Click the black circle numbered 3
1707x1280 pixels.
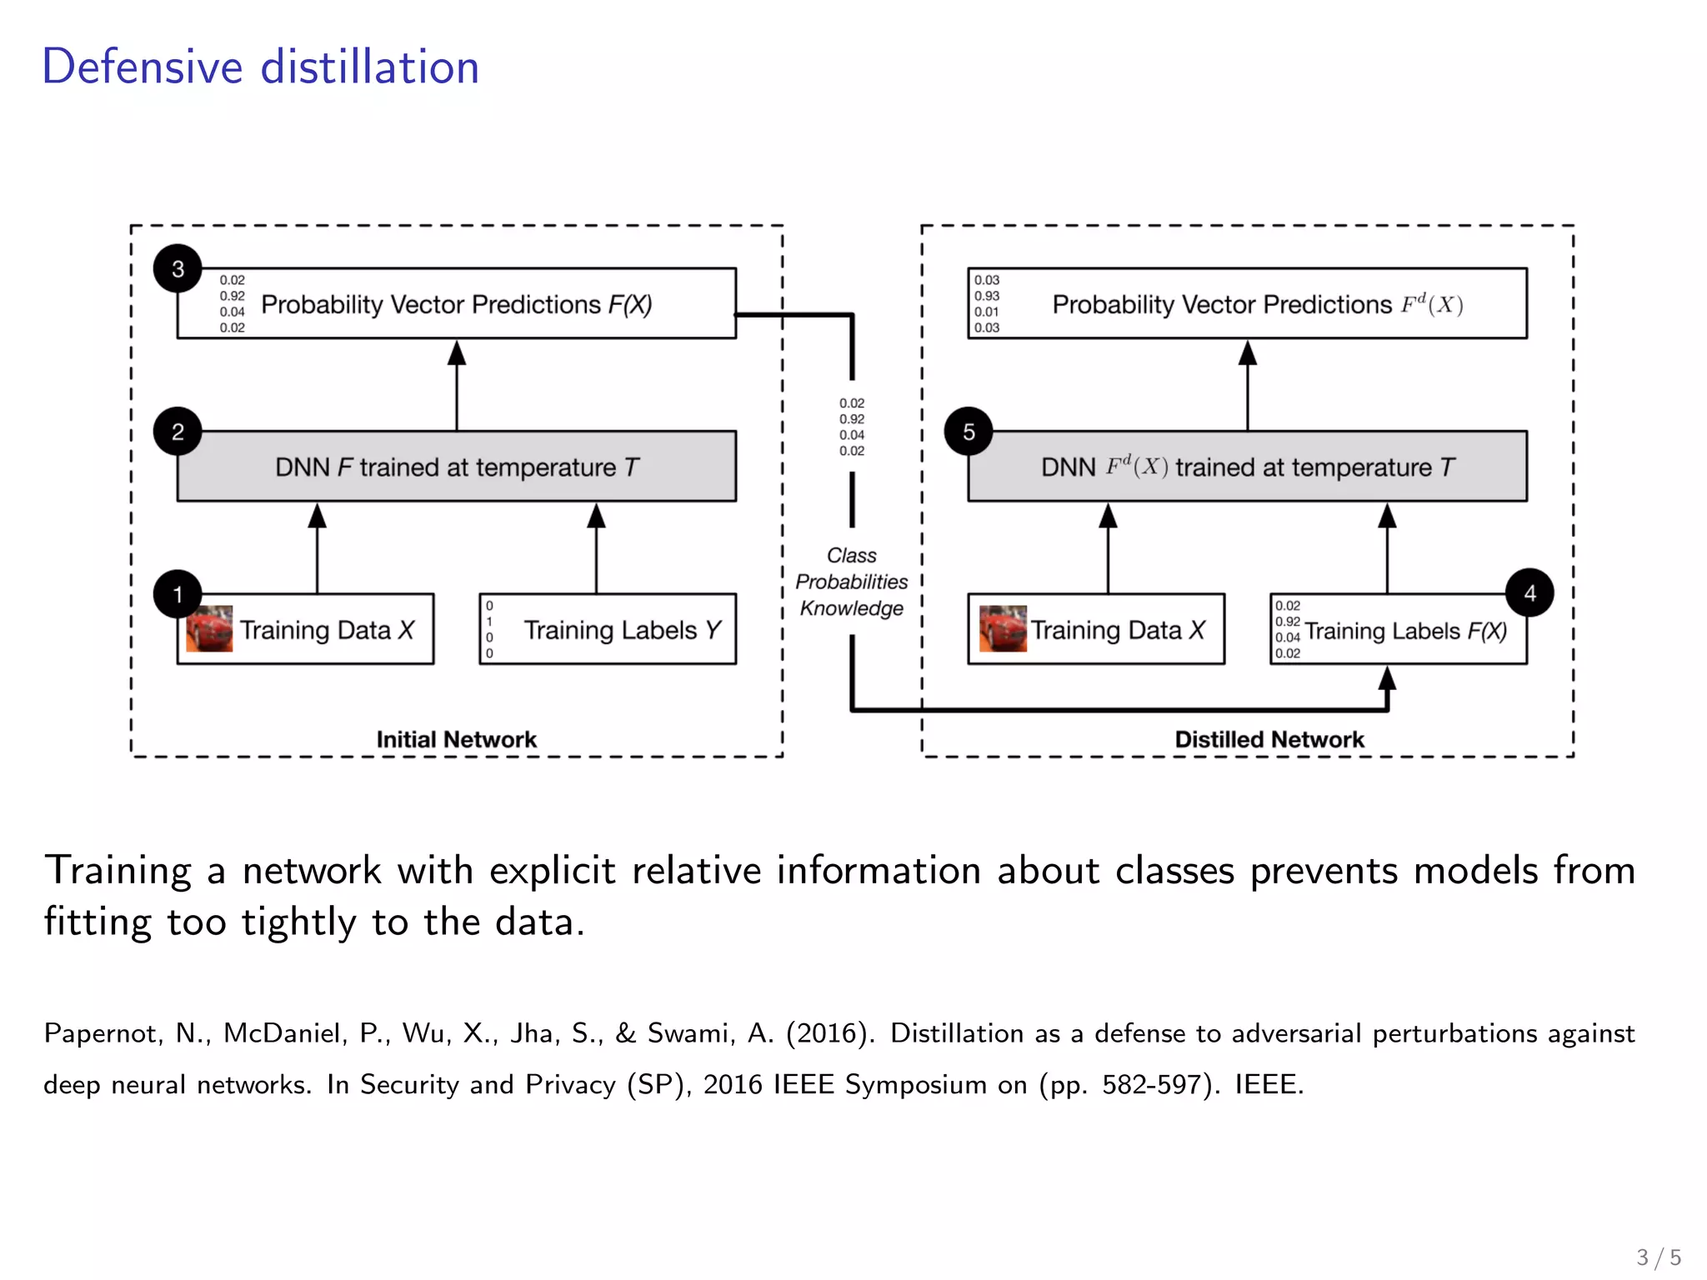pos(178,268)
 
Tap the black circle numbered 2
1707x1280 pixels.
pos(178,431)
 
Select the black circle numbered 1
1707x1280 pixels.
pos(178,593)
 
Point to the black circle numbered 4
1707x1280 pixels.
pos(1529,592)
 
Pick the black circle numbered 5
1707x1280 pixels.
pos(968,431)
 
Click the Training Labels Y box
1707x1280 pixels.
pos(608,629)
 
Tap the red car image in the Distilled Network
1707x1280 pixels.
pos(1003,629)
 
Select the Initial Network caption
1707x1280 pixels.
pos(456,739)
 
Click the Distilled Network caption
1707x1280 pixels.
pos(1269,739)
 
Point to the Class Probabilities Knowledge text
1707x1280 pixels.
pos(851,582)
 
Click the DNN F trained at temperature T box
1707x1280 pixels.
pos(456,467)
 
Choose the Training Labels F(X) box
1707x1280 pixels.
pos(1398,630)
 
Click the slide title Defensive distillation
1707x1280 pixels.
pos(261,67)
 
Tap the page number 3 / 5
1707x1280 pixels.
pos(1658,1257)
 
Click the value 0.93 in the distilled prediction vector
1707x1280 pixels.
pos(987,296)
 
